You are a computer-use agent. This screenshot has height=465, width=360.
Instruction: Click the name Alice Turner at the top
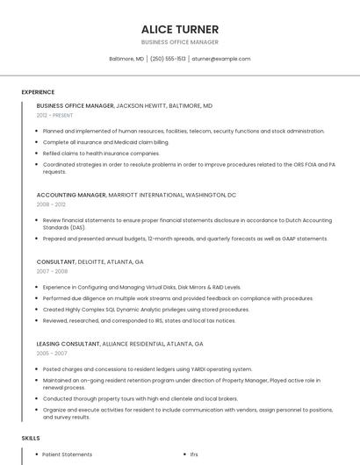pos(179,29)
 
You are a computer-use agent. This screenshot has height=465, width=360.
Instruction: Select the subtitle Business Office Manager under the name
pos(179,42)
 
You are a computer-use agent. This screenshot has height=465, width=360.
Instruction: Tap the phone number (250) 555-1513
pos(168,59)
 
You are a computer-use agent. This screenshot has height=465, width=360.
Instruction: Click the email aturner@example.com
pos(221,59)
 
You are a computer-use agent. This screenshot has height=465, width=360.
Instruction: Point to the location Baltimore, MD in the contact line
pos(126,59)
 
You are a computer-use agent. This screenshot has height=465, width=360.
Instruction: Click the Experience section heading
pos(38,92)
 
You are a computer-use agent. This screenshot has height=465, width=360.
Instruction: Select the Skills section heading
pos(31,438)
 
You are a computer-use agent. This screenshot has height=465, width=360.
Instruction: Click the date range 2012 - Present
pos(55,115)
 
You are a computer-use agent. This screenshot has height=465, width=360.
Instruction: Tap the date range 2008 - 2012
pos(50,204)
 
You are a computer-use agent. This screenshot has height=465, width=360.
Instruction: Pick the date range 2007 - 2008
pos(50,271)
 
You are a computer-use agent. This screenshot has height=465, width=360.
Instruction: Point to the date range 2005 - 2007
pos(51,354)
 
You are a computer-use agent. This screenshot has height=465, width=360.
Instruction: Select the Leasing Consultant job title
pos(69,344)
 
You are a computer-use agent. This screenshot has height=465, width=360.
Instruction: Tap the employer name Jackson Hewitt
pos(140,105)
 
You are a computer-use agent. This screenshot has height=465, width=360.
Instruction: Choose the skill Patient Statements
pos(68,454)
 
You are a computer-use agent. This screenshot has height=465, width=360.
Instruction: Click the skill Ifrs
pos(194,454)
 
